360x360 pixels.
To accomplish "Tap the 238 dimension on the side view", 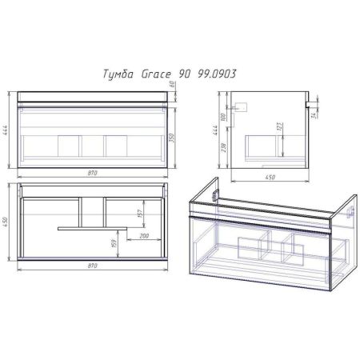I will (226, 148).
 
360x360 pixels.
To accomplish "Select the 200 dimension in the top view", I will (145, 237).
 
